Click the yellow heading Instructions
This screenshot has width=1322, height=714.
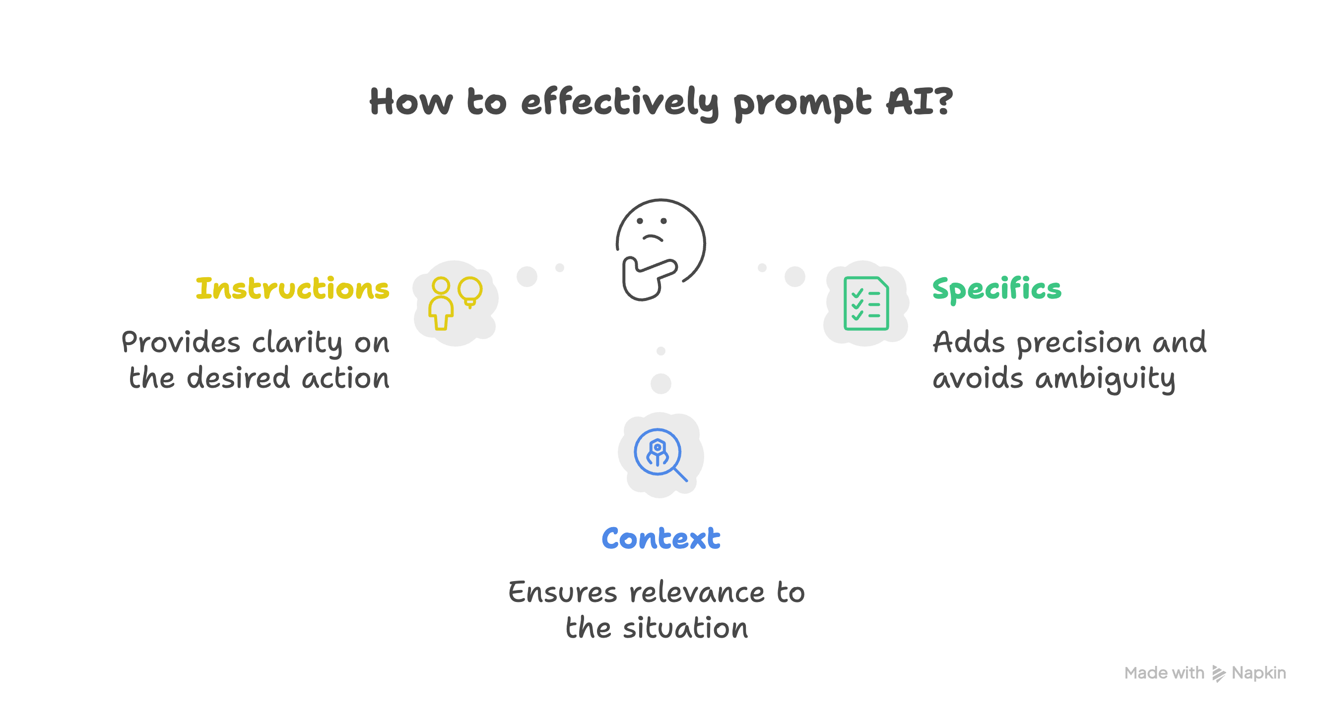pos(292,288)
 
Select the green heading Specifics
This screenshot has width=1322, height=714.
pos(996,289)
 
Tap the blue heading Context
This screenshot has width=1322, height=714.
pos(661,538)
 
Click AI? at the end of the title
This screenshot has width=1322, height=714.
pos(919,101)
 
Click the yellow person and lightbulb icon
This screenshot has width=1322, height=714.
pos(456,303)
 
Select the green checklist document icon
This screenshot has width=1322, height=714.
pos(866,303)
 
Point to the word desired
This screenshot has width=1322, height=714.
pos(238,378)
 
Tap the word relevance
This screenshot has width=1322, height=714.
pos(696,593)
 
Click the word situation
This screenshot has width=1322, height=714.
pos(685,628)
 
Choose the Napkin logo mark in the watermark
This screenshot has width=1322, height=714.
pos(1218,673)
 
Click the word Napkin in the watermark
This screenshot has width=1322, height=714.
pos(1258,673)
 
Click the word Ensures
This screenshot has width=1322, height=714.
pos(562,593)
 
